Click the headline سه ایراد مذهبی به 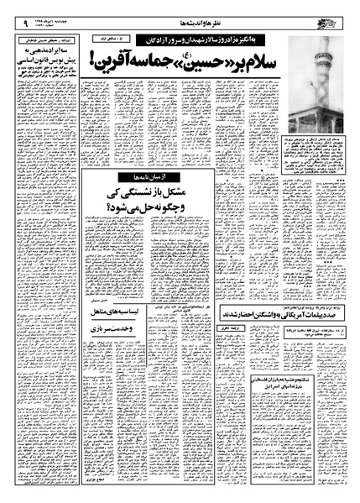coord(47,50)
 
